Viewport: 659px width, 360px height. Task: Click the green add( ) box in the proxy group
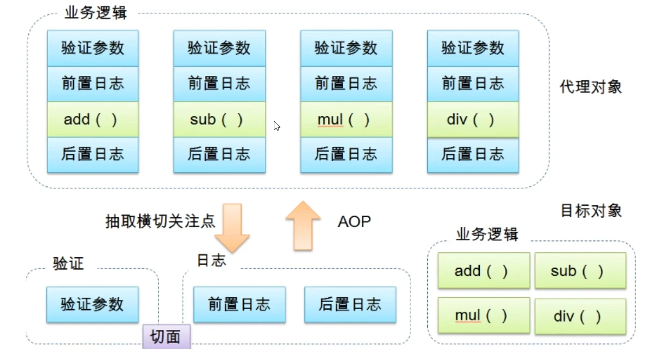[92, 119]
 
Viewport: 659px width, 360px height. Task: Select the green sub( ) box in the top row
[219, 119]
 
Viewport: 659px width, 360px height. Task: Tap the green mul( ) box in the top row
[346, 119]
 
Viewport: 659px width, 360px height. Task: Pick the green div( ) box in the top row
[473, 119]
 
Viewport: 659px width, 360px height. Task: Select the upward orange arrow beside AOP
[303, 225]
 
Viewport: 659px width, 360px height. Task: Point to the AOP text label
[354, 221]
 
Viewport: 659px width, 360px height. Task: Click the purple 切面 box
[166, 336]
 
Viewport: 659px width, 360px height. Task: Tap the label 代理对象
[591, 87]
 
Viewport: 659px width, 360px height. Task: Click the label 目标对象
[591, 210]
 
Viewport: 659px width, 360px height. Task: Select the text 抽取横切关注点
[160, 221]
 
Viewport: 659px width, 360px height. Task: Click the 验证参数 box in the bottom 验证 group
[92, 304]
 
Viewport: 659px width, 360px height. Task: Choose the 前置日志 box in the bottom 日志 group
[239, 304]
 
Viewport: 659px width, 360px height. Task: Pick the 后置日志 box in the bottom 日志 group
[350, 304]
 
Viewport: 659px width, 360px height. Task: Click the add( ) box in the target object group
[484, 270]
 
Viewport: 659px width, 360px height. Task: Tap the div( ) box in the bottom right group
[580, 316]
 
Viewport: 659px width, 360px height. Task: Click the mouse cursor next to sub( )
[276, 126]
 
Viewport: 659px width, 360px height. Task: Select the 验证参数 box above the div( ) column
[473, 48]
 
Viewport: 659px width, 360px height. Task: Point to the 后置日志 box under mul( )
[346, 155]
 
